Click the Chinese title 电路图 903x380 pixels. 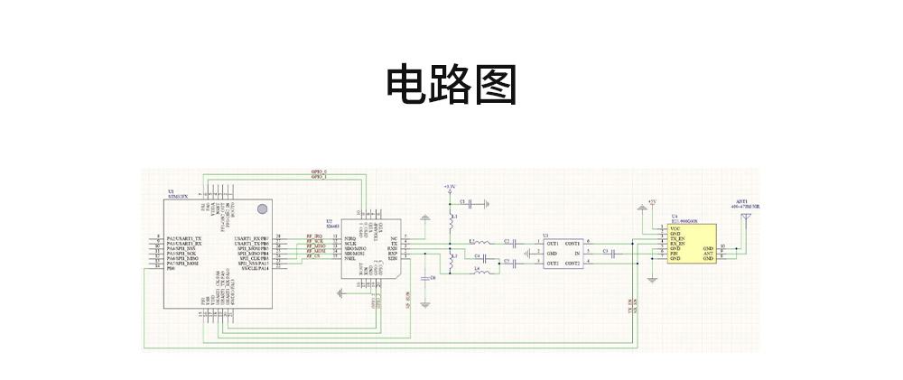tap(451, 86)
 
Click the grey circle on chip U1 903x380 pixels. tap(262, 209)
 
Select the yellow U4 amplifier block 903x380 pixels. tap(692, 244)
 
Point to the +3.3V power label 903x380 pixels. tap(449, 186)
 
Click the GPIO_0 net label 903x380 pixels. tap(319, 171)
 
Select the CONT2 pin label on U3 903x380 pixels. tap(572, 263)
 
